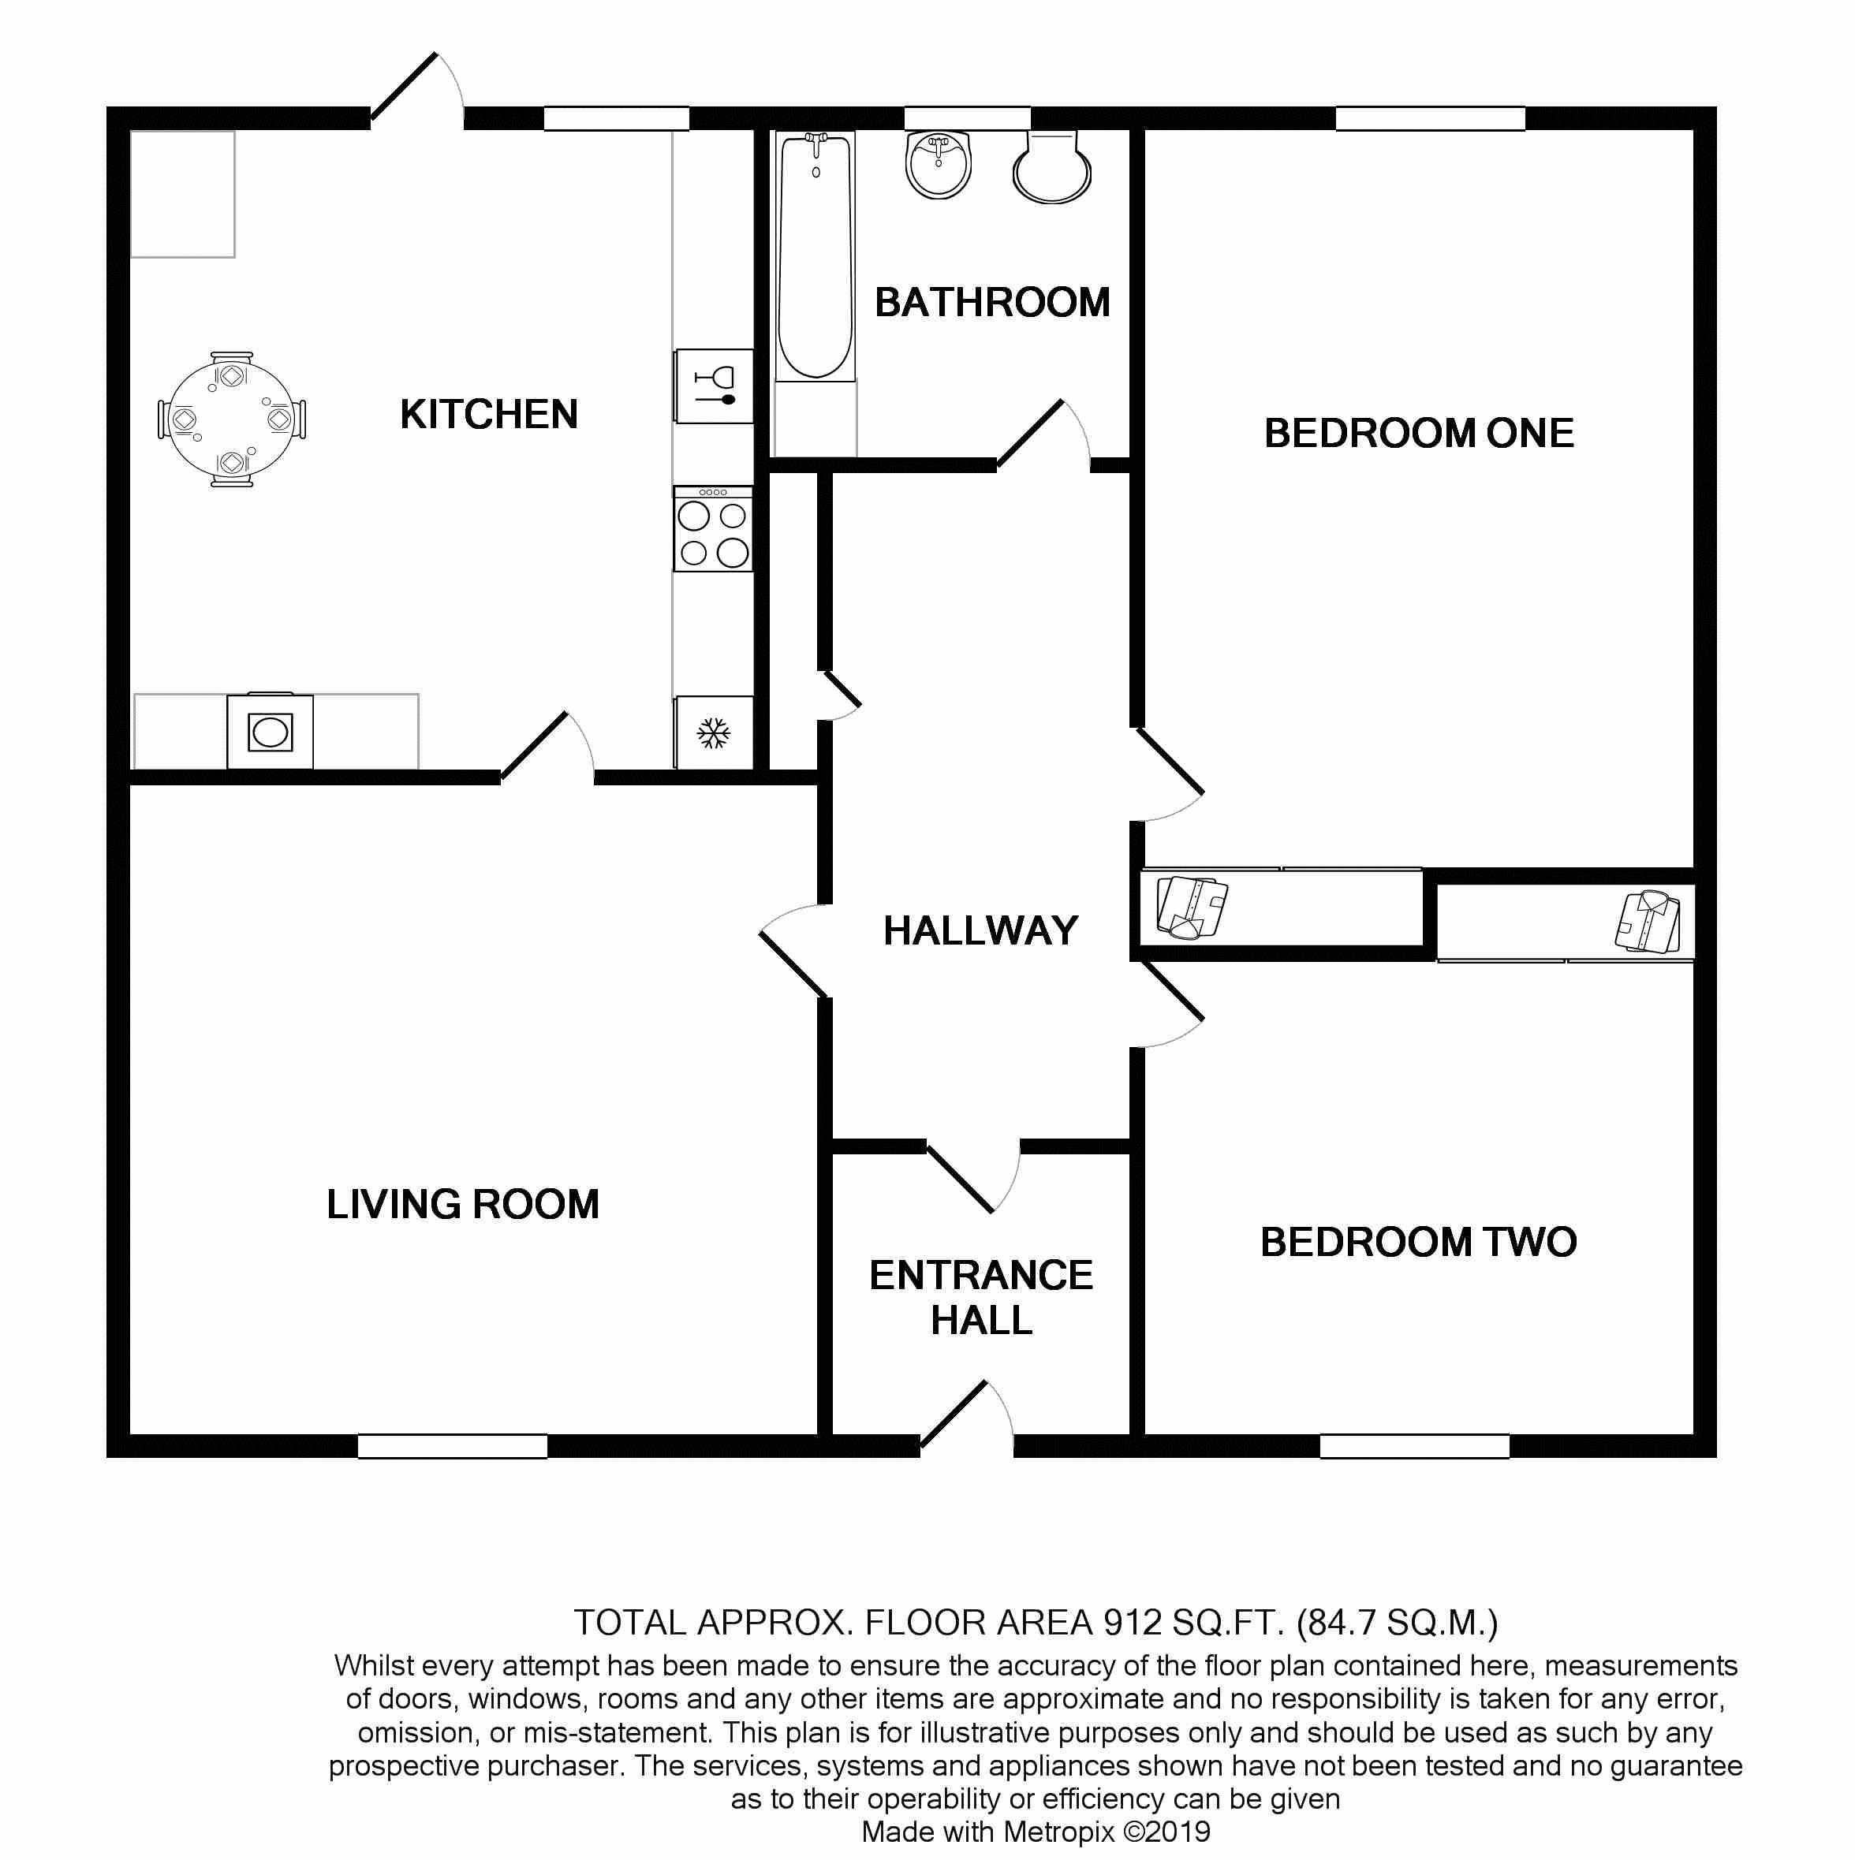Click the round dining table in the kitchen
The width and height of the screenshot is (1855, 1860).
click(232, 419)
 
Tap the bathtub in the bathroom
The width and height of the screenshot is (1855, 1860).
click(816, 256)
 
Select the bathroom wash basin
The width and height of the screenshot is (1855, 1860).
click(938, 165)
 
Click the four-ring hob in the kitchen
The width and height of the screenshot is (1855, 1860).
click(713, 530)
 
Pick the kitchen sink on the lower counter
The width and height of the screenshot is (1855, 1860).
click(270, 731)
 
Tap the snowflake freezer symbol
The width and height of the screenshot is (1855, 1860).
click(714, 733)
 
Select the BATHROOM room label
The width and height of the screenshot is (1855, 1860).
click(992, 302)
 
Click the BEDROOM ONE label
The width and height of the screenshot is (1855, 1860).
click(1419, 433)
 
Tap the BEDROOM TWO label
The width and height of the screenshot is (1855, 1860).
click(1419, 1242)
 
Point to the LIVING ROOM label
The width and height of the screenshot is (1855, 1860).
click(462, 1204)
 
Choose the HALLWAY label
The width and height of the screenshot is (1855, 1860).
click(980, 931)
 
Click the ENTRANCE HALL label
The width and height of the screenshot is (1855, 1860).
click(981, 1297)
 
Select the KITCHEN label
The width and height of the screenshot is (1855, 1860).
click(489, 415)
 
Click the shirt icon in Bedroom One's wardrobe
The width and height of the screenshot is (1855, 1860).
click(1192, 907)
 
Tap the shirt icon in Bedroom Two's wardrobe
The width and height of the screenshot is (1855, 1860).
click(1648, 922)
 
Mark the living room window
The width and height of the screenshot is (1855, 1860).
click(453, 1446)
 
